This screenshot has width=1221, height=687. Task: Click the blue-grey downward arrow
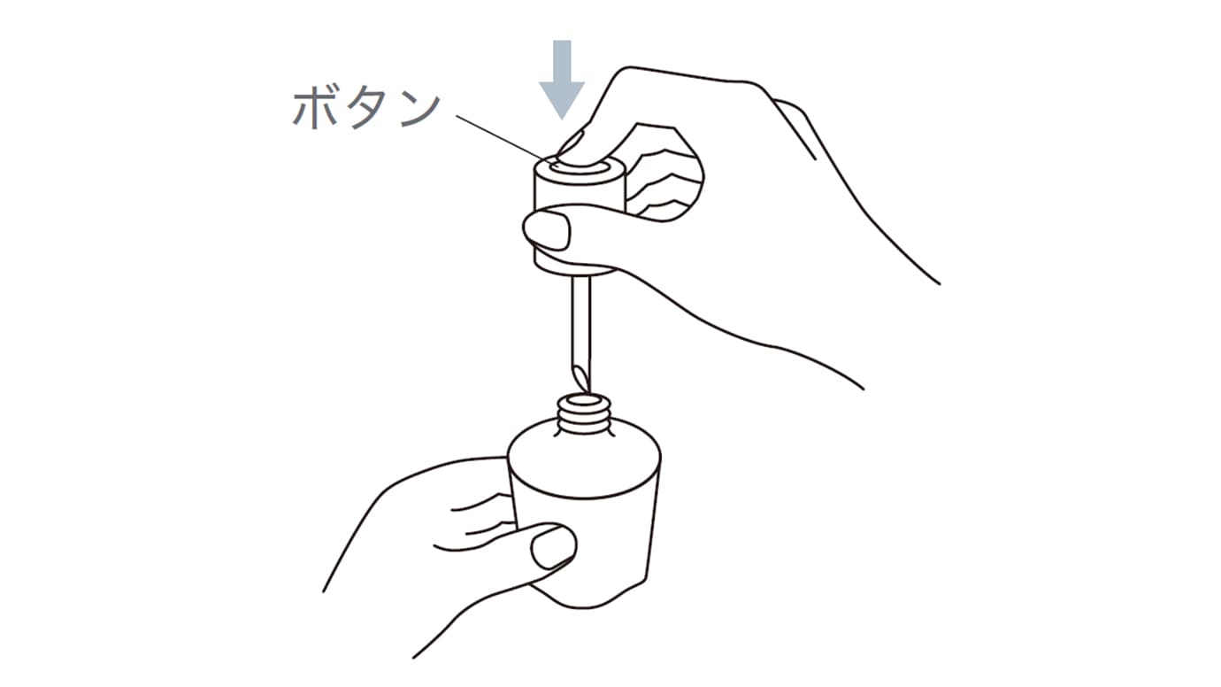point(562,80)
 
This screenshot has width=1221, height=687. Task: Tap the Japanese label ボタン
point(367,110)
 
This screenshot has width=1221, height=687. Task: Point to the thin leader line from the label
point(508,140)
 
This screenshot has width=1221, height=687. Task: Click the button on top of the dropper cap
point(580,166)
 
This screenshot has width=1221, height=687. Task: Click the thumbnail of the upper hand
point(546,229)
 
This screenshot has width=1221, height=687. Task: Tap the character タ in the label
point(366,110)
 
